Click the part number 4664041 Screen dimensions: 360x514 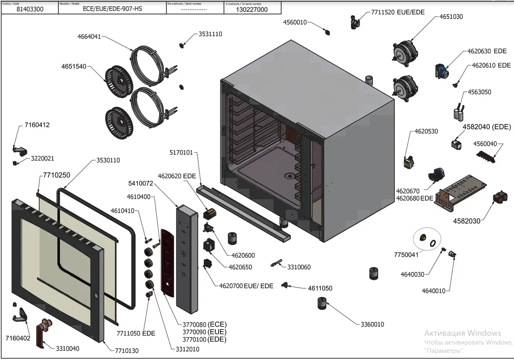pos(89,37)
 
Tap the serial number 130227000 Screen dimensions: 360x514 pos(252,10)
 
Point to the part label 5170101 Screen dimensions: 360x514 pos(181,153)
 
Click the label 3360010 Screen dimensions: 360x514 pos(372,325)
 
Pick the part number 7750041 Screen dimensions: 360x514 pos(406,255)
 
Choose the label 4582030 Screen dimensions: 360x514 pos(467,221)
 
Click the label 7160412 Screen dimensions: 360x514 pos(37,125)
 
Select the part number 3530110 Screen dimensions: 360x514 pos(108,160)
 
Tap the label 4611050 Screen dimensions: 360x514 pos(320,288)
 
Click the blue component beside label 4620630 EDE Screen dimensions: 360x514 pos(441,71)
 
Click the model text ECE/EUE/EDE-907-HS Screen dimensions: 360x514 pos(113,9)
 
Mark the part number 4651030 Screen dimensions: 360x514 pos(451,17)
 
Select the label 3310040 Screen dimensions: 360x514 pos(68,349)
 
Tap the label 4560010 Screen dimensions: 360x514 pos(295,23)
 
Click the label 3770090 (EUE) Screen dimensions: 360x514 pos(204,332)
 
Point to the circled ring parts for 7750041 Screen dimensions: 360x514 pos(427,239)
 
